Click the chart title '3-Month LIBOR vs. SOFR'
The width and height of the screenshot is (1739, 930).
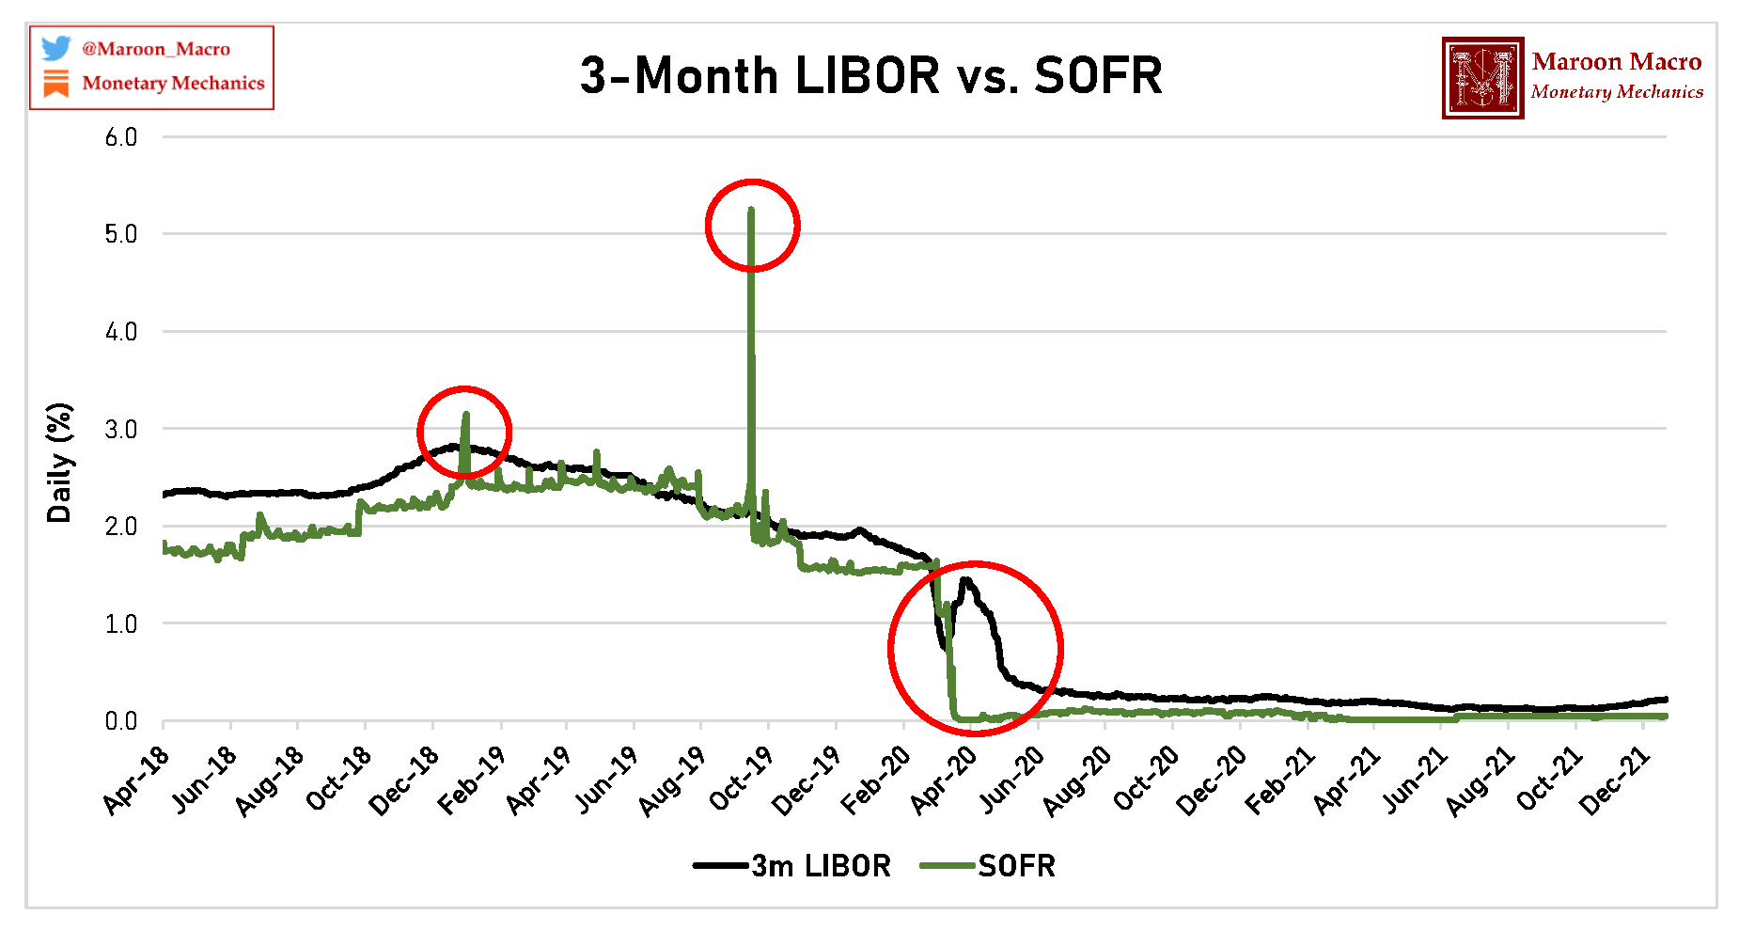click(870, 76)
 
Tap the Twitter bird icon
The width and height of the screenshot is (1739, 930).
click(56, 48)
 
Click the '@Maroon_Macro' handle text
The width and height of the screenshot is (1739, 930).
click(156, 49)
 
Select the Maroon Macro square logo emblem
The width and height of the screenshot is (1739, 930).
click(1482, 78)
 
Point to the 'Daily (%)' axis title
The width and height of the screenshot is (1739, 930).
click(59, 462)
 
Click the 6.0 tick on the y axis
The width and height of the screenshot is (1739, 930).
click(121, 137)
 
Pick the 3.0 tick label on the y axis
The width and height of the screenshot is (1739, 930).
click(121, 430)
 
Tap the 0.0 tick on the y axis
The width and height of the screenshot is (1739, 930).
click(121, 721)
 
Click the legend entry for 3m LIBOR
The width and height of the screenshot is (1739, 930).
click(791, 865)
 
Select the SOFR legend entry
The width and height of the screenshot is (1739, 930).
click(988, 865)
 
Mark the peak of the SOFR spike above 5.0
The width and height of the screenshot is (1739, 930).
click(750, 210)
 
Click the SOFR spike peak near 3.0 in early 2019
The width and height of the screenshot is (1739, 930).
click(465, 415)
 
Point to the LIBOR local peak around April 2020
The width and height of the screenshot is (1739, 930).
click(964, 580)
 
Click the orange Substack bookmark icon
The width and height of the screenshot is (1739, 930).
click(56, 83)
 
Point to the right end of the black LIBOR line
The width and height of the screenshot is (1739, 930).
click(1665, 699)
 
